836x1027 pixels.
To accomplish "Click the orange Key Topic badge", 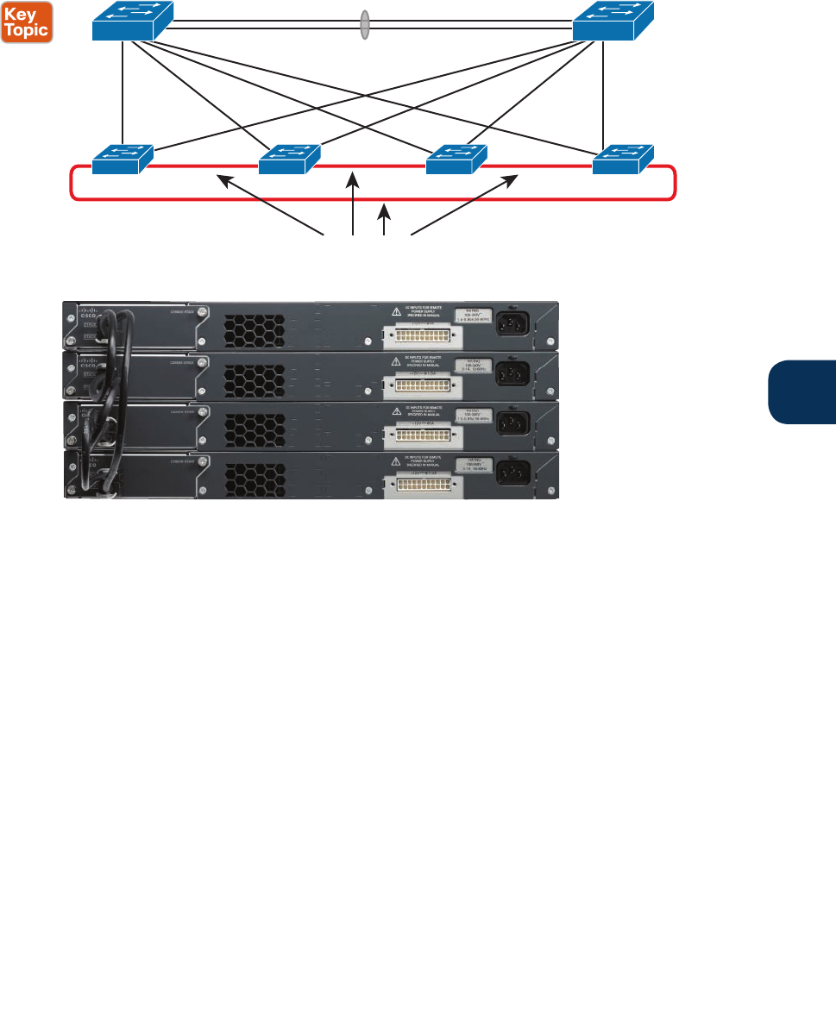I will (28, 22).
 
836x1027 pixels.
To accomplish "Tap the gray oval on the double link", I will (366, 23).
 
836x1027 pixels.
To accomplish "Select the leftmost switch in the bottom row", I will (123, 159).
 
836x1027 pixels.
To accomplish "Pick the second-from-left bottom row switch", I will (290, 159).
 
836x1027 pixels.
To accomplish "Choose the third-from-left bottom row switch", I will (456, 159).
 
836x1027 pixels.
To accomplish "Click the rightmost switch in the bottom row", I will (623, 159).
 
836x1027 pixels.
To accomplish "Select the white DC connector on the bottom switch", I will (429, 487).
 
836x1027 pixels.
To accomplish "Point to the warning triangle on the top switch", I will (395, 311).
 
